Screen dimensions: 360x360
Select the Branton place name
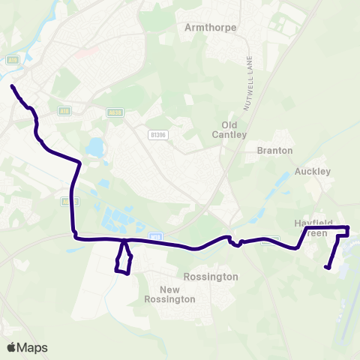[274, 150]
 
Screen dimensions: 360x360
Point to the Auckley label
[312, 171]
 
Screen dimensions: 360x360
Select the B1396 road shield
[157, 133]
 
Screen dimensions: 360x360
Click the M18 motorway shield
[155, 236]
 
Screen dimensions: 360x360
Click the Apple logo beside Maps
[12, 347]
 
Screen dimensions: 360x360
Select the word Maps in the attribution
[33, 347]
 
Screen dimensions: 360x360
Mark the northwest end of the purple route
[13, 87]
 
